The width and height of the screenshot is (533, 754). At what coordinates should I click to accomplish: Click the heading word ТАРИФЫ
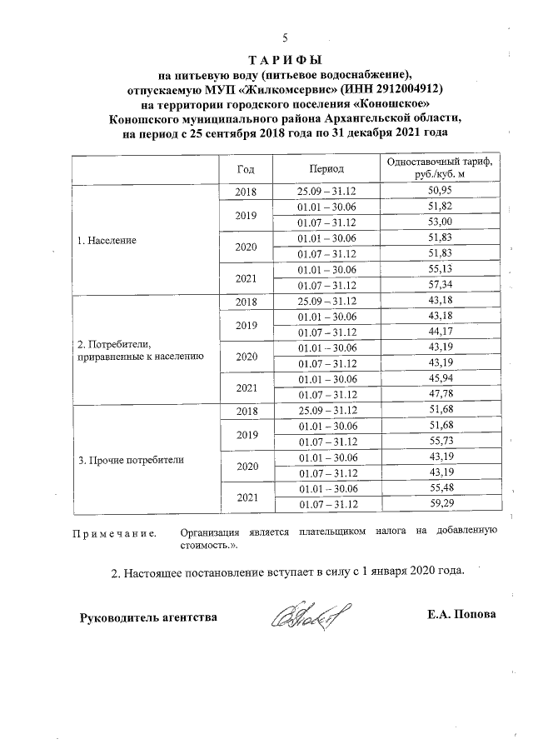pos(285,61)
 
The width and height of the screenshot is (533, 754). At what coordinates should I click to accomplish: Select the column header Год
pos(246,169)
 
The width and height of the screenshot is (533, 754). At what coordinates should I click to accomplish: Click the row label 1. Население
pos(106,240)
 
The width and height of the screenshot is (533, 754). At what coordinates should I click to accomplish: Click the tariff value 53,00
pos(439,222)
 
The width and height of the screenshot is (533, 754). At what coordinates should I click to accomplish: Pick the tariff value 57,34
pos(439,285)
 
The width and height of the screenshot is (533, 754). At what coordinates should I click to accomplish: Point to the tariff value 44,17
pos(439,332)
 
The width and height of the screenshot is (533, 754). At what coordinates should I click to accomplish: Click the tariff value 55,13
pos(439,269)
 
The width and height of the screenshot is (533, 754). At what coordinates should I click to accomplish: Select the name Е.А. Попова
pos(461,616)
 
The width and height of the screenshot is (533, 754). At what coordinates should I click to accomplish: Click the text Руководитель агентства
pos(148,618)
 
